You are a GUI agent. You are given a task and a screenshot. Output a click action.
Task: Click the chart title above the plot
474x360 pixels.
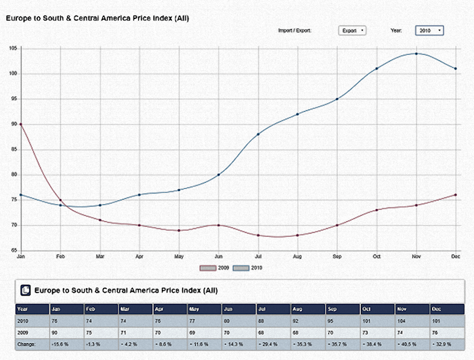click(x=98, y=18)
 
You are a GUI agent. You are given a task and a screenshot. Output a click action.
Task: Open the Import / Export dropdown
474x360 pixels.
click(x=352, y=30)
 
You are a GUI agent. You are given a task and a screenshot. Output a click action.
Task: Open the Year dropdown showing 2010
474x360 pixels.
click(x=430, y=30)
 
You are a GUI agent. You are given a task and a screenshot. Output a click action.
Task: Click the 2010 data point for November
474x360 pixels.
click(x=416, y=53)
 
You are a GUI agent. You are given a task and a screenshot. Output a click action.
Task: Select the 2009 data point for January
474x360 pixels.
click(x=21, y=125)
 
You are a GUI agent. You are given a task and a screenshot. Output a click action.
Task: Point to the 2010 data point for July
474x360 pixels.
click(x=258, y=135)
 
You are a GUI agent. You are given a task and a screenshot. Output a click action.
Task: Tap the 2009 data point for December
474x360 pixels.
click(x=456, y=195)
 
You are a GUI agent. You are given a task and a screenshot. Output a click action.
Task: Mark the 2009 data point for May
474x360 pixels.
click(x=179, y=231)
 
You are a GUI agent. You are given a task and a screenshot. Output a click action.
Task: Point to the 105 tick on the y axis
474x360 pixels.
click(x=14, y=48)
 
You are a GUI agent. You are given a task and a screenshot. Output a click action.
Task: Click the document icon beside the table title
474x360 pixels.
click(x=25, y=290)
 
